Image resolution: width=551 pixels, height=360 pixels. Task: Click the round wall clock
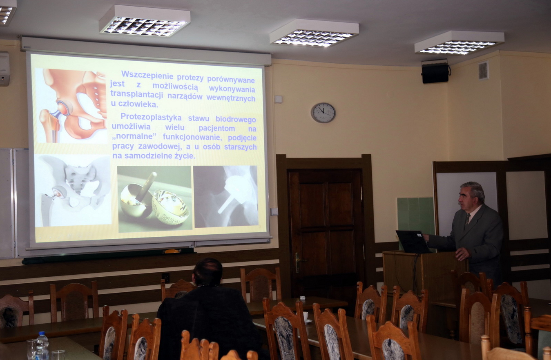coord(323,113)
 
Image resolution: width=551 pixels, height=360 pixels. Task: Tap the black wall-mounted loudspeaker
coord(435,73)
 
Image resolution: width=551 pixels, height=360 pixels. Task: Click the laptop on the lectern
coord(413,242)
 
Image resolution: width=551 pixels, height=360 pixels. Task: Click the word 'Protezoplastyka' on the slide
coord(151,117)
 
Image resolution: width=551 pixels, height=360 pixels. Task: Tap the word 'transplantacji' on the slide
coord(136,95)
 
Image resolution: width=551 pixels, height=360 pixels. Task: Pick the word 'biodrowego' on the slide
coord(236,119)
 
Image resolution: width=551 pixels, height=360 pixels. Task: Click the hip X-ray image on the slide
coord(225,196)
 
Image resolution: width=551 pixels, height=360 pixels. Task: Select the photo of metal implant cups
coord(155,198)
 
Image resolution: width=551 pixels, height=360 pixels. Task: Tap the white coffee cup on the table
coord(306,317)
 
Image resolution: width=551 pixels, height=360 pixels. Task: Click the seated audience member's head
coord(207,272)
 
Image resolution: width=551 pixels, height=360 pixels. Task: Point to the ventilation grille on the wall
coord(483,71)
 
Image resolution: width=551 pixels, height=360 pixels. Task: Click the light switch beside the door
coord(274,211)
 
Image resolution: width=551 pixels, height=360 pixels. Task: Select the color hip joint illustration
coord(72,106)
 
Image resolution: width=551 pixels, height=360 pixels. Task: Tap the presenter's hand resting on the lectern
coord(462,254)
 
